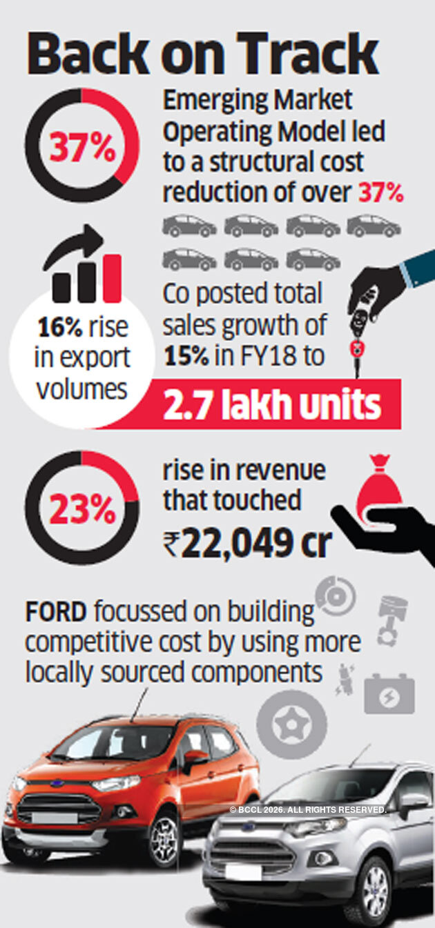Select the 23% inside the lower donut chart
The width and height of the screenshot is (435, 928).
[82, 509]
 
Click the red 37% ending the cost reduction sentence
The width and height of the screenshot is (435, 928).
[380, 192]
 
